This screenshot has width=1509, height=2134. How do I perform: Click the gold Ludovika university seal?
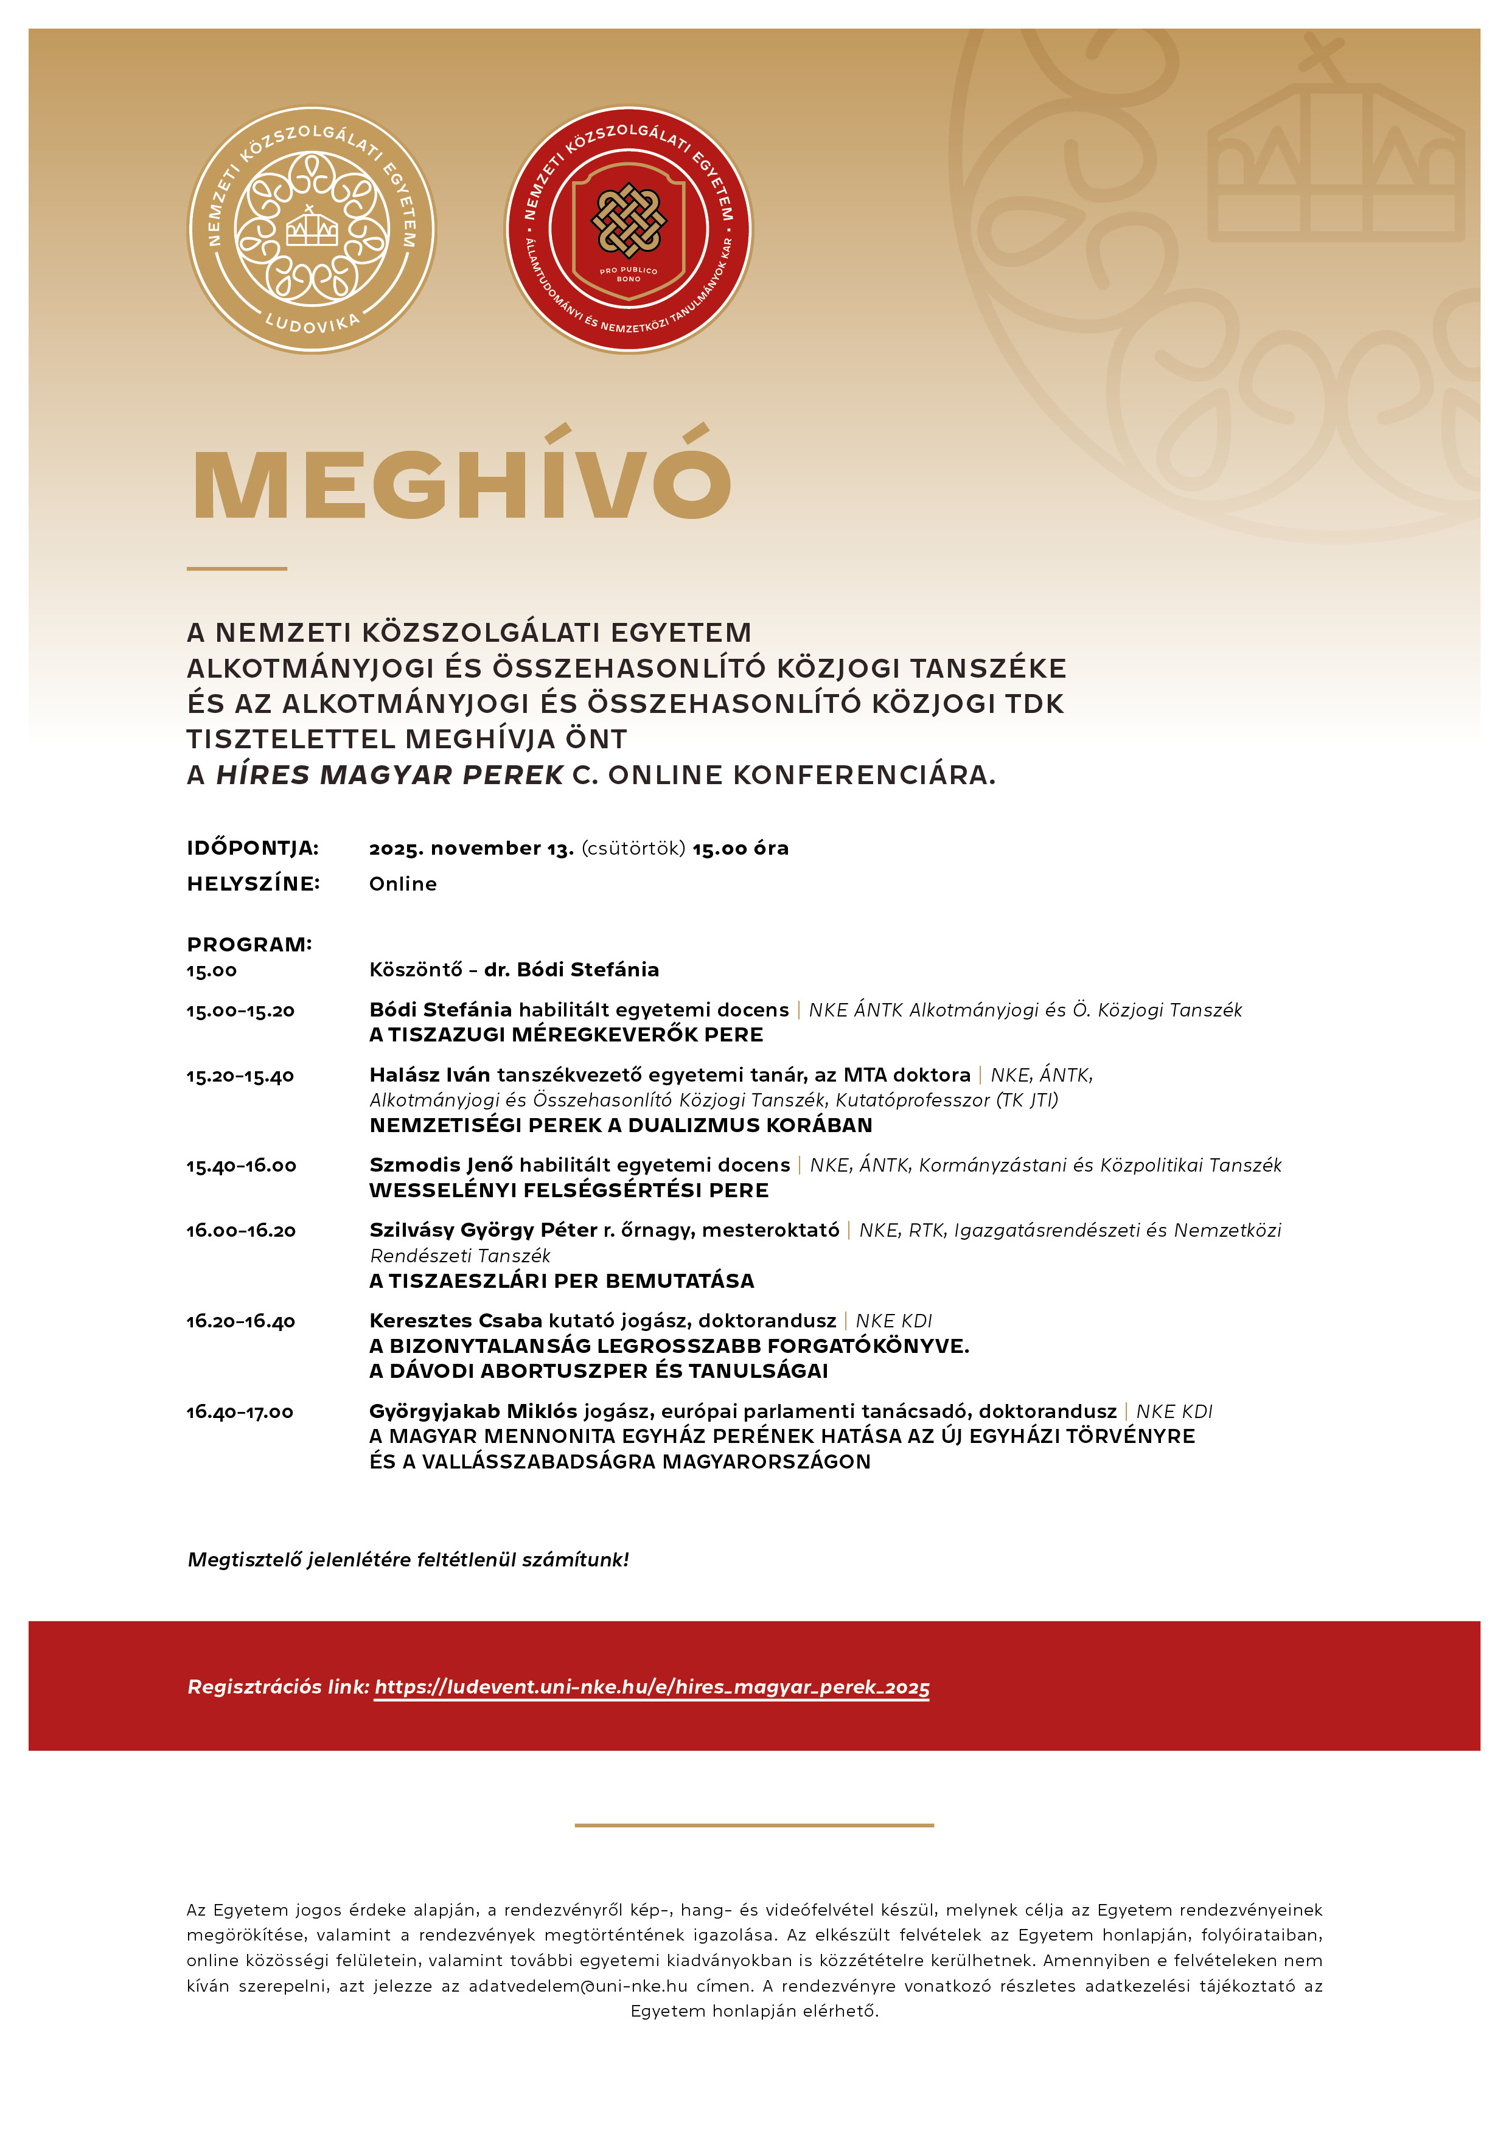(x=312, y=229)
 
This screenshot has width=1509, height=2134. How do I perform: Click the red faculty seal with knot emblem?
(x=629, y=229)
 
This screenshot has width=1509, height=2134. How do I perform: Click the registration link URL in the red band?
(x=652, y=1687)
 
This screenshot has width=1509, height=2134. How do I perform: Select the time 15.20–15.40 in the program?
(x=240, y=1076)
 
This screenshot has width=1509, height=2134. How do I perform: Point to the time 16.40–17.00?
(x=240, y=1412)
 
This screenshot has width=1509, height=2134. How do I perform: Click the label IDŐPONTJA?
(x=252, y=847)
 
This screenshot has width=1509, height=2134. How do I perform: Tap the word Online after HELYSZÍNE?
(x=403, y=884)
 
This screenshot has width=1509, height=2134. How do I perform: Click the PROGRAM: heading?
(x=249, y=944)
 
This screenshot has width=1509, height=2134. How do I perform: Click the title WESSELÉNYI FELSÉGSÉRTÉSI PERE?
(x=569, y=1190)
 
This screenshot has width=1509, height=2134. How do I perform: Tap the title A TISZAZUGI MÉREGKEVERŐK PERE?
(x=566, y=1035)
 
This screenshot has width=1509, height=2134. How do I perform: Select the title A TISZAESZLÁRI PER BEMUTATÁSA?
(x=562, y=1281)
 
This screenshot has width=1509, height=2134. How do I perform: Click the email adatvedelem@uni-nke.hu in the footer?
(x=577, y=1986)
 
